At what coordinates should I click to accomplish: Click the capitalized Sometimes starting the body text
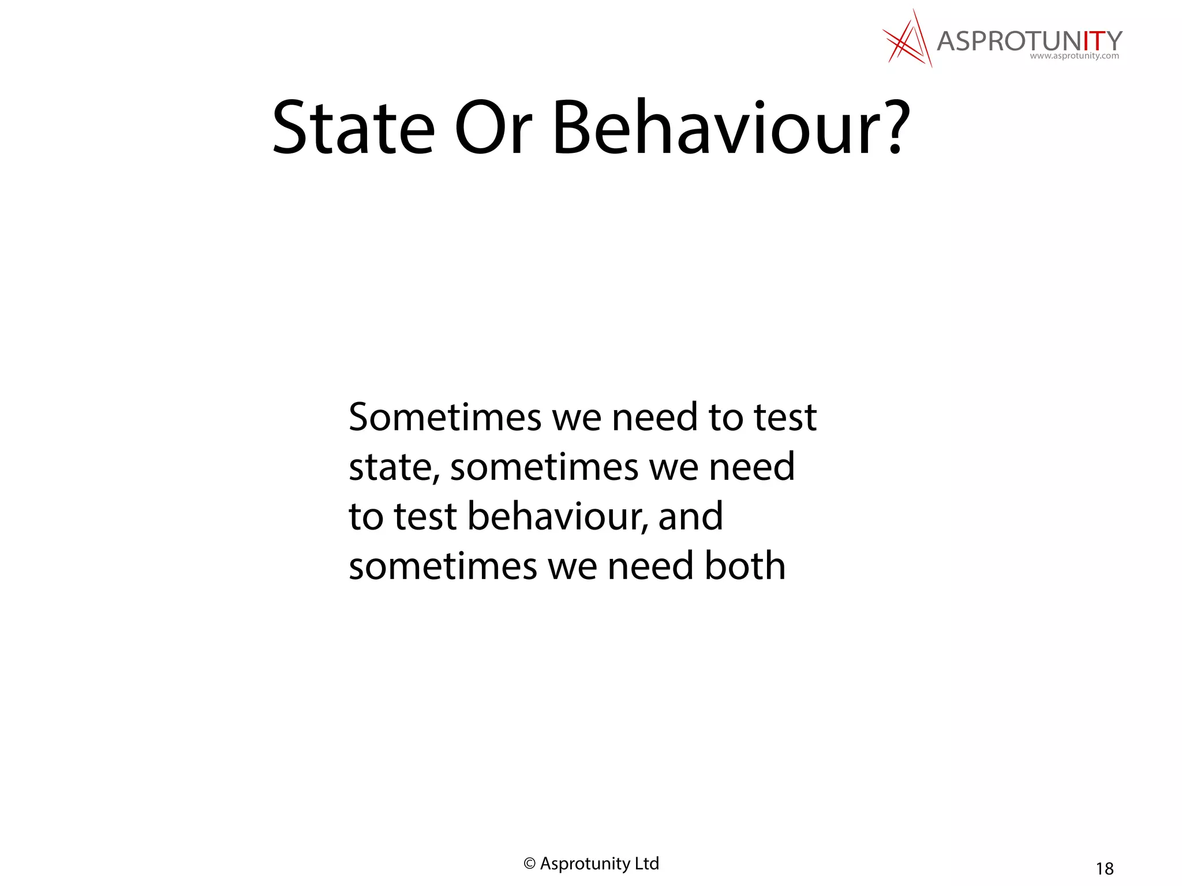point(445,417)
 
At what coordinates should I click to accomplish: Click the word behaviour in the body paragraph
point(558,516)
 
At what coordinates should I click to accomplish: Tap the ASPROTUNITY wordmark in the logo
point(1029,41)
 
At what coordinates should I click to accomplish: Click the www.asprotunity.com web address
point(1074,57)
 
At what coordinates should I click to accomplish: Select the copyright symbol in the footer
point(529,864)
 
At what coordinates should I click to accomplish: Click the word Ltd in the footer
point(646,864)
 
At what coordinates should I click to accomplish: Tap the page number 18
point(1105,869)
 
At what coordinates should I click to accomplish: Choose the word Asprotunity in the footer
point(585,864)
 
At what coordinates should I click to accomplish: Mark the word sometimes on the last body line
point(443,566)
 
